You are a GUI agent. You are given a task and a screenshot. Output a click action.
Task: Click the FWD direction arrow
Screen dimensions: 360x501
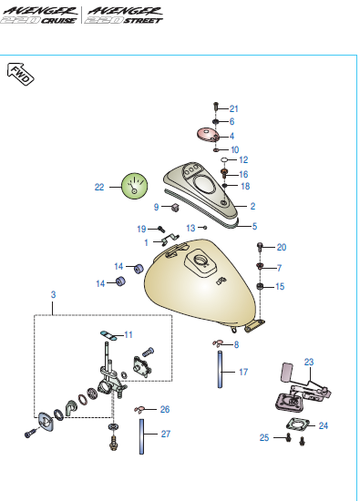tap(20, 74)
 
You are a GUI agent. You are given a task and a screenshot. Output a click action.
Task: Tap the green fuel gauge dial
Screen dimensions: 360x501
tap(134, 186)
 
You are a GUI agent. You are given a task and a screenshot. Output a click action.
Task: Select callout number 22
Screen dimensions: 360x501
tap(99, 187)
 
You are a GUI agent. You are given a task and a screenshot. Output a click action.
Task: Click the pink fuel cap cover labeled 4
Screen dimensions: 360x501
tap(208, 134)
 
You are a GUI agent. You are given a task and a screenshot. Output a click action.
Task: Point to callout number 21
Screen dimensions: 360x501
tap(234, 109)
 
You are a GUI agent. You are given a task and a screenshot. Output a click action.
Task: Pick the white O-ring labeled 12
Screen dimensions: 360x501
tap(224, 159)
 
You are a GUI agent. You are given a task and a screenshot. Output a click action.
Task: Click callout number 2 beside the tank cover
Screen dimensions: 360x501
tap(252, 206)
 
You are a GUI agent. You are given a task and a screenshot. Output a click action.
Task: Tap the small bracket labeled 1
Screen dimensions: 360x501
tap(170, 239)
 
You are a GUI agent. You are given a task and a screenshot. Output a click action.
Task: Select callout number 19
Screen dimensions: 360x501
tap(141, 229)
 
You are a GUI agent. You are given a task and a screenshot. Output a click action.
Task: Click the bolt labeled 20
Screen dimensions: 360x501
tap(260, 247)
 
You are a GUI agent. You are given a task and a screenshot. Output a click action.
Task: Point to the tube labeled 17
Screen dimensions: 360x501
tap(220, 369)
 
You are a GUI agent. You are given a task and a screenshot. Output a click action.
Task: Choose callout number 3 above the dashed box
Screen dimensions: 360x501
tap(54, 294)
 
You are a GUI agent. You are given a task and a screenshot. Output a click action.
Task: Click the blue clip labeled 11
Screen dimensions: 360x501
tap(108, 335)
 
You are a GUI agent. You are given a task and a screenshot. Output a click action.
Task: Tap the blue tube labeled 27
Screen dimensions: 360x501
tap(141, 436)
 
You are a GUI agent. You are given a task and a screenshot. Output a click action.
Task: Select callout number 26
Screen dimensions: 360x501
tap(165, 409)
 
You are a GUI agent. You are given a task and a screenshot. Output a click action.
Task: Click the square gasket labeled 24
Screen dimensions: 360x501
tap(298, 424)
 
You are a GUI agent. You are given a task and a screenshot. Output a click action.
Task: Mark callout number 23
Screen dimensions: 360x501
tap(309, 362)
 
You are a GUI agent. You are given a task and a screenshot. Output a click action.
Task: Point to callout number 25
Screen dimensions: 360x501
tap(264, 437)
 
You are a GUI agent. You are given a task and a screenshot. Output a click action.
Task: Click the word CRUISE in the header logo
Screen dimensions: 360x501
tap(59, 20)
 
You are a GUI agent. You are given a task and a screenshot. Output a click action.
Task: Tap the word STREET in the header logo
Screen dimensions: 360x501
tap(143, 20)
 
